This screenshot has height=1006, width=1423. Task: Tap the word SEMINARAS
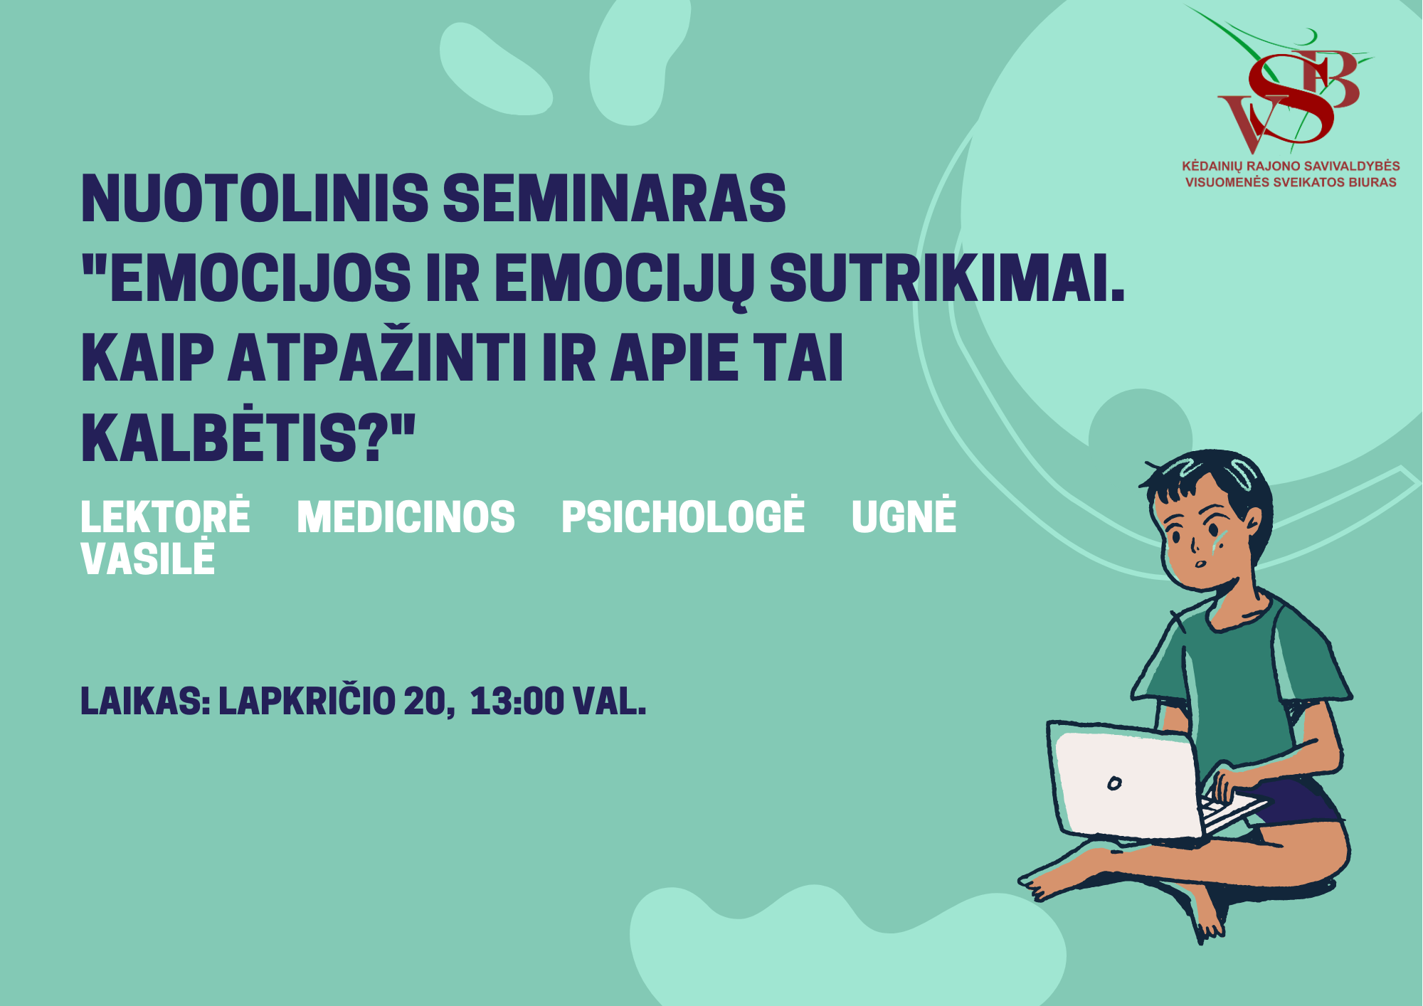(x=615, y=198)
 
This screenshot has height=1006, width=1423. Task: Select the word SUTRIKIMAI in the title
(x=947, y=278)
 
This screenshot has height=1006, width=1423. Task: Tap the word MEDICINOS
(x=406, y=517)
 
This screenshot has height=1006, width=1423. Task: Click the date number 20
(x=425, y=701)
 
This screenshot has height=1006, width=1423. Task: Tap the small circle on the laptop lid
(x=1114, y=783)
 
